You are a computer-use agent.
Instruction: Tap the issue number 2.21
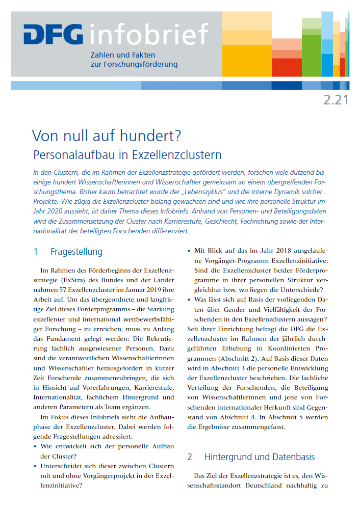point(336,100)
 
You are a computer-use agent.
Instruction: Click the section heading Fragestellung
point(76,252)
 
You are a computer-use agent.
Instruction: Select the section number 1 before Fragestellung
point(36,252)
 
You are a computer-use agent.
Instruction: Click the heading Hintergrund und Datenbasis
point(260,457)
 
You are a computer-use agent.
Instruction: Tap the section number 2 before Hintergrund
point(190,457)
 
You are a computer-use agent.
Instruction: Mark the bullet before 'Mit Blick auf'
point(189,251)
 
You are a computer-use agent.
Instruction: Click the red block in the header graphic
point(279,67)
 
